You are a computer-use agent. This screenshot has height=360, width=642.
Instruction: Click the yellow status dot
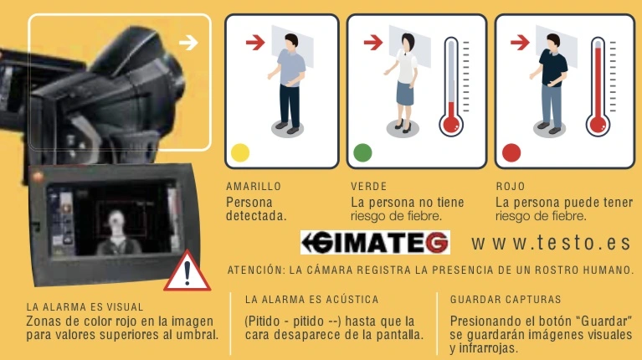click(x=240, y=153)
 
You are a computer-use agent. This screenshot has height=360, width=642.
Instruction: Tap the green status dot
click(x=362, y=153)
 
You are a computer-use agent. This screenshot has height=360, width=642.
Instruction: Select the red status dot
click(x=511, y=153)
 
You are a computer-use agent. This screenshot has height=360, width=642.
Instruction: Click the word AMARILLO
click(x=254, y=187)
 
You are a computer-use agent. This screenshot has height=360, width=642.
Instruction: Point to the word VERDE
click(x=369, y=187)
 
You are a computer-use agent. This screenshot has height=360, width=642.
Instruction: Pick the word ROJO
click(x=510, y=187)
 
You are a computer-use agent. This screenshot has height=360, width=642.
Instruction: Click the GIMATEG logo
click(x=375, y=242)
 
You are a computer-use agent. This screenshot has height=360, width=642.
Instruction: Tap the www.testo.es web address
click(x=550, y=243)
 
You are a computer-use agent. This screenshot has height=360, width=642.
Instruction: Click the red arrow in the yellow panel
click(x=255, y=42)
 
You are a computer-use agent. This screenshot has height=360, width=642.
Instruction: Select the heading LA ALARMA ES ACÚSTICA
click(x=312, y=299)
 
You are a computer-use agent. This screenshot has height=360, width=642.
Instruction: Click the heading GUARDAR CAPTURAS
click(x=506, y=299)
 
